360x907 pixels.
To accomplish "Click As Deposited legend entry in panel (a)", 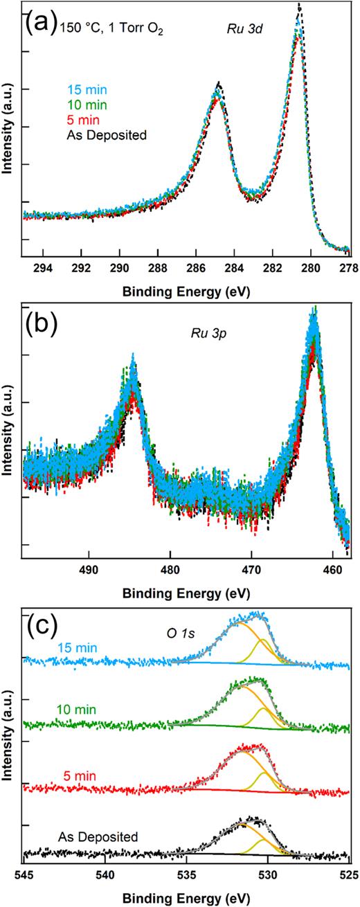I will pyautogui.click(x=107, y=135).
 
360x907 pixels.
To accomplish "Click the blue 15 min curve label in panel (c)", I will pyautogui.click(x=50, y=648).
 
